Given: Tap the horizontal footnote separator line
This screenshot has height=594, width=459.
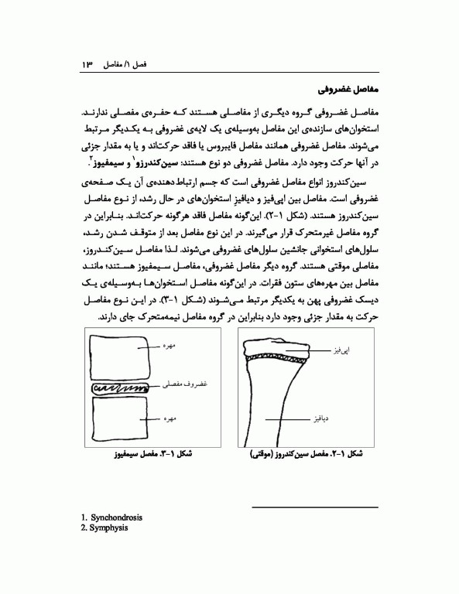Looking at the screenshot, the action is coord(316,507).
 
